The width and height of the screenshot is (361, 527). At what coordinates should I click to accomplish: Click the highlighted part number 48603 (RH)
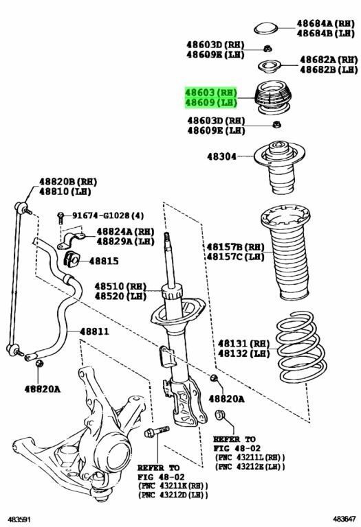click(210, 92)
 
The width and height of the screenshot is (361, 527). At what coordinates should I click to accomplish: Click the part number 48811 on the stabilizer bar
click(94, 331)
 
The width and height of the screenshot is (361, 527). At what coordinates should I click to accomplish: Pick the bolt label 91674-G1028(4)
click(100, 215)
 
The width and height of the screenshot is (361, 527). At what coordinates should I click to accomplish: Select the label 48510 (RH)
click(120, 286)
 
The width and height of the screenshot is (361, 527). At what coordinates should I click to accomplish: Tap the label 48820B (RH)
click(67, 181)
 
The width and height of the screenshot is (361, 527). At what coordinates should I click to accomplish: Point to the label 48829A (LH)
click(125, 242)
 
